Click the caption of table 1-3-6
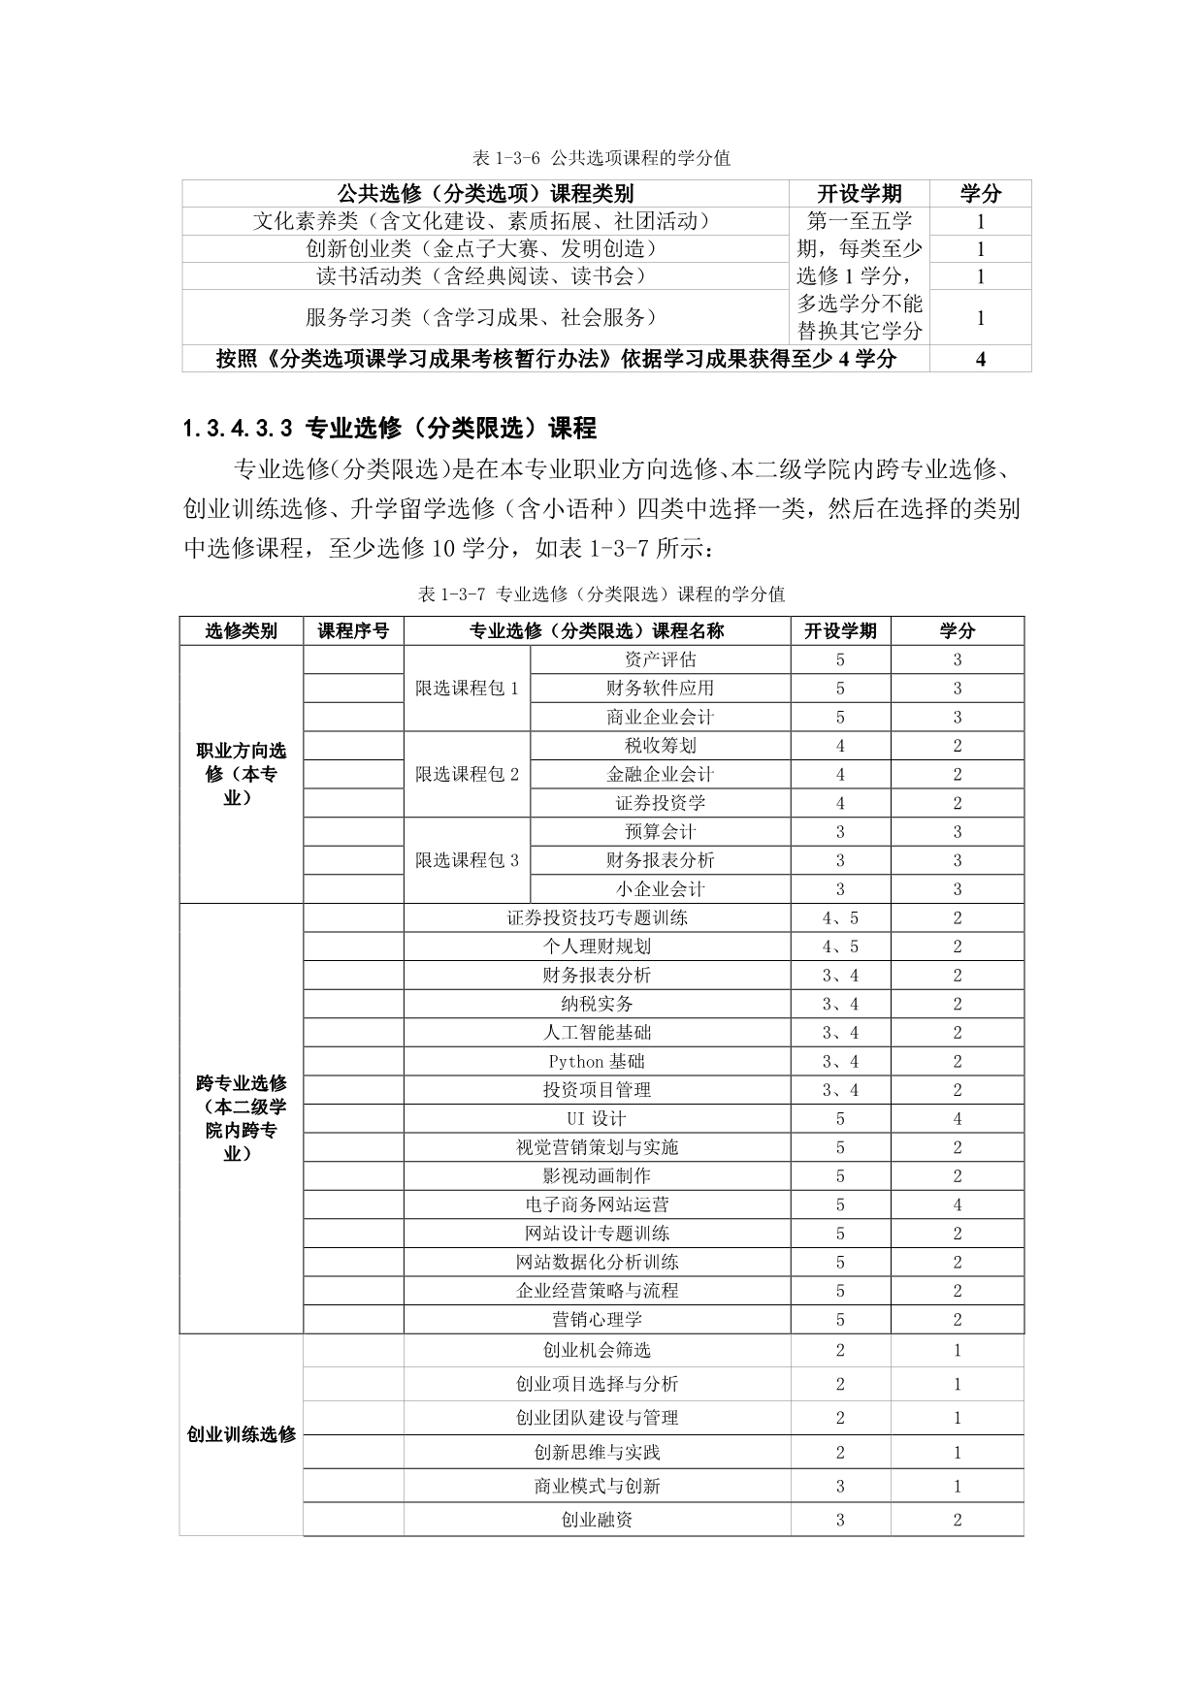click(x=601, y=158)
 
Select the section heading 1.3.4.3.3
click(x=388, y=428)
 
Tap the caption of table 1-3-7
click(x=601, y=594)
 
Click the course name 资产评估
click(x=660, y=659)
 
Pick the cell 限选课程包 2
click(x=467, y=774)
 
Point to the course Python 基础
click(x=597, y=1061)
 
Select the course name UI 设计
click(x=597, y=1118)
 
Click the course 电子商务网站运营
click(x=597, y=1204)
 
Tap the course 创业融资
click(x=597, y=1520)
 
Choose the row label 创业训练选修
click(x=241, y=1434)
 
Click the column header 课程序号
click(x=353, y=631)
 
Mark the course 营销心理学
click(x=597, y=1319)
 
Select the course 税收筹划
click(x=660, y=746)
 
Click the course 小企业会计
click(x=660, y=888)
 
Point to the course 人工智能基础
click(x=597, y=1033)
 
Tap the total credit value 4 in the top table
click(x=980, y=359)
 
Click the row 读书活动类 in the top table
click(x=481, y=276)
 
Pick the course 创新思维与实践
click(x=597, y=1452)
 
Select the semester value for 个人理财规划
click(x=840, y=947)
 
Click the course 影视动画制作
click(x=597, y=1175)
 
